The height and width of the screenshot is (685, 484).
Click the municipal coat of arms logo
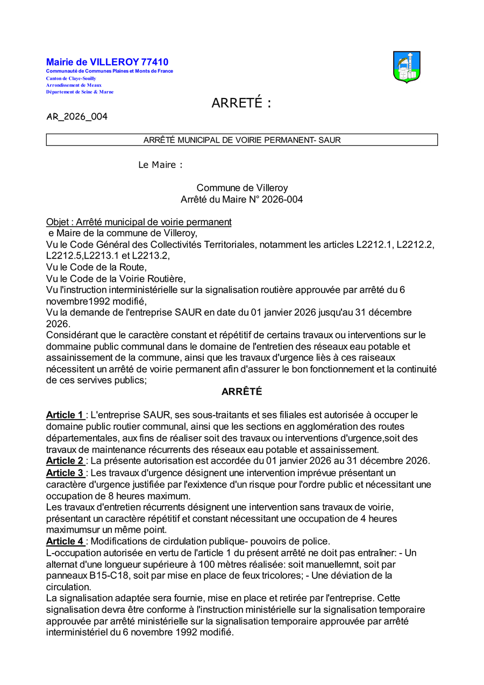click(x=407, y=67)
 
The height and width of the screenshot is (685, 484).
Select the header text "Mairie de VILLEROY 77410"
click(x=107, y=62)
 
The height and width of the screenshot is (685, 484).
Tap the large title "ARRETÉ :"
click(x=241, y=103)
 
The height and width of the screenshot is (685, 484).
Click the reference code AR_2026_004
click(x=77, y=116)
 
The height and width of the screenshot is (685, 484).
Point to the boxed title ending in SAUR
click(x=242, y=140)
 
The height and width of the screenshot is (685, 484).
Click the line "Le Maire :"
click(x=160, y=165)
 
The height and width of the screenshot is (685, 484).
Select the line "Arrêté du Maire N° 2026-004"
click(x=241, y=199)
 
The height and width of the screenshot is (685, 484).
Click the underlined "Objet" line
click(x=139, y=222)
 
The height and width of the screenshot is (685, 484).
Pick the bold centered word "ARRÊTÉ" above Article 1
click(x=241, y=392)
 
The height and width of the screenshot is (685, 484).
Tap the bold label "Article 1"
click(x=65, y=415)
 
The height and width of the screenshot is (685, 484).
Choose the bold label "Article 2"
click(x=65, y=461)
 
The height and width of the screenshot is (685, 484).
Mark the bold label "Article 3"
click(x=65, y=473)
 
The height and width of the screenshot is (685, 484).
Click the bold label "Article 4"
click(x=65, y=541)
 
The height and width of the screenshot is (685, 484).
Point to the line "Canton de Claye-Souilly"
click(x=71, y=78)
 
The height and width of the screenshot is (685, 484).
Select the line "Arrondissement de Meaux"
click(x=74, y=85)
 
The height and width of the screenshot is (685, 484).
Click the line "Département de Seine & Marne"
click(x=80, y=92)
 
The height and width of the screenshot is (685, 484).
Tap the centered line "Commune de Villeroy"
click(x=241, y=188)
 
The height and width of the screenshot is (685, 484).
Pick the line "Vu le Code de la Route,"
click(x=96, y=267)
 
